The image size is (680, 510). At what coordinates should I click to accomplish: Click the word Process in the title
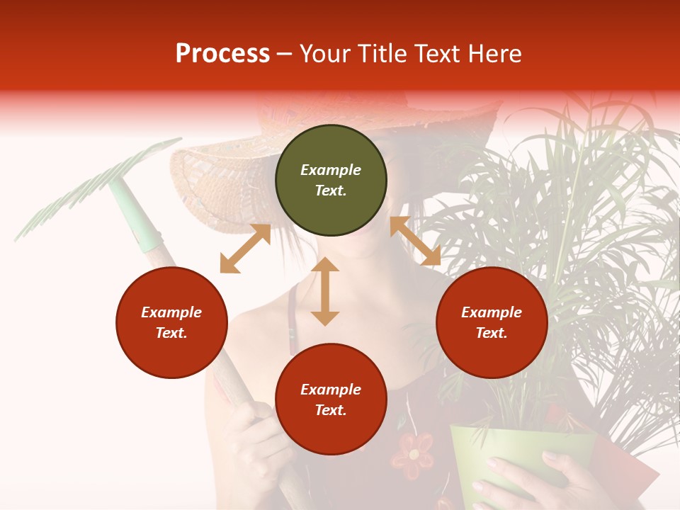click(x=222, y=54)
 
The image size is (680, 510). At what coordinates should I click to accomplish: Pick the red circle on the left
click(x=171, y=322)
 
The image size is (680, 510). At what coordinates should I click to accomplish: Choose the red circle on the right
click(x=492, y=322)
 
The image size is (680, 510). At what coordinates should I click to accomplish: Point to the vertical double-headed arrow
click(x=325, y=291)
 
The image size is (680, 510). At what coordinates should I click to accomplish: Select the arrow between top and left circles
click(x=245, y=248)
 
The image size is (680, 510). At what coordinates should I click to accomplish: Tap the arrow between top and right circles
click(x=415, y=241)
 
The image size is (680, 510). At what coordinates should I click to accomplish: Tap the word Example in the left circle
click(x=171, y=312)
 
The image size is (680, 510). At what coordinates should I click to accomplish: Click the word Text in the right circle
click(x=490, y=333)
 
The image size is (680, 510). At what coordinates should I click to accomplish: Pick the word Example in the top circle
click(x=331, y=170)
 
